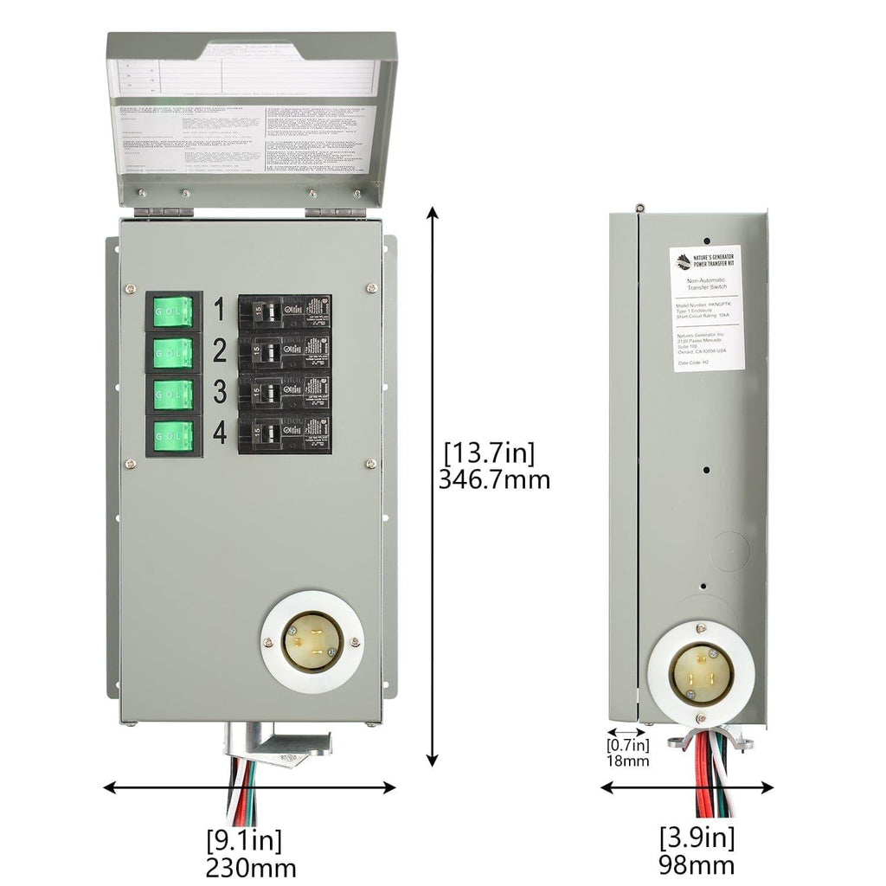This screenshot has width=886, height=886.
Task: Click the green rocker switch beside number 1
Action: pos(173,309)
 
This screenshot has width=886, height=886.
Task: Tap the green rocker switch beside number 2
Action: pos(173,351)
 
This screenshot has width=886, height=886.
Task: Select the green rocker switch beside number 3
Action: pos(173,393)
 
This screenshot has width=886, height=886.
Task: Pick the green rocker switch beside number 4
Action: pos(173,435)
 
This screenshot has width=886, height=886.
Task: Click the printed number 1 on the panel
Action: pos(219,308)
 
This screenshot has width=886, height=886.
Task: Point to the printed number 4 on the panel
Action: pos(220,433)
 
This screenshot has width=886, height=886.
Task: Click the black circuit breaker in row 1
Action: pos(284,311)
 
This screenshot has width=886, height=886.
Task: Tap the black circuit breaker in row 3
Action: pos(284,393)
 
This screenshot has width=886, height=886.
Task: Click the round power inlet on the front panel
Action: pos(312,642)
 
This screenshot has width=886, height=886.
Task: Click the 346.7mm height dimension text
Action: pos(495,478)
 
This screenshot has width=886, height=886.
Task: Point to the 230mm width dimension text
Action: pos(251,868)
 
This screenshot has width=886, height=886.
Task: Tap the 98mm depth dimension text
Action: pos(697,864)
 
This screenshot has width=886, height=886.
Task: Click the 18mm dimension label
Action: pos(627,761)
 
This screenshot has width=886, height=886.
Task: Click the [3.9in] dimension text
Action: pos(697,838)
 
